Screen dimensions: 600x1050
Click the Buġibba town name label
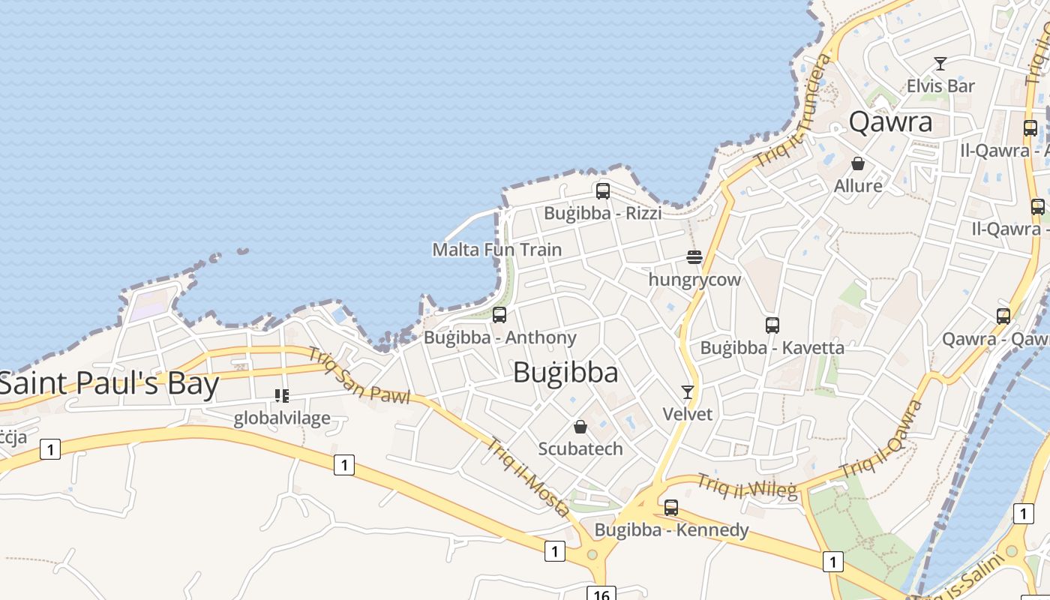click(565, 373)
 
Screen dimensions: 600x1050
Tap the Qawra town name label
click(890, 122)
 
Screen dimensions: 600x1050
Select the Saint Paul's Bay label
click(109, 384)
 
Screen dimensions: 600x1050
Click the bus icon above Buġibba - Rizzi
click(603, 191)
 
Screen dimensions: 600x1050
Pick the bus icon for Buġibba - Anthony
click(499, 315)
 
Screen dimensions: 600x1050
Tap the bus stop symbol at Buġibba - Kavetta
click(772, 325)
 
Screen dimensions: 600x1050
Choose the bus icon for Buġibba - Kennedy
click(671, 508)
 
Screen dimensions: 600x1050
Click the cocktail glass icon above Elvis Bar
click(940, 64)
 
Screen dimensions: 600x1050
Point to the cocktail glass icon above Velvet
click(687, 391)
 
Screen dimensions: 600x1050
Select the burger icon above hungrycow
click(694, 258)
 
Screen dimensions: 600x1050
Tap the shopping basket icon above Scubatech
click(580, 427)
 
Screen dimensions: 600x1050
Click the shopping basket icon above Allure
click(858, 163)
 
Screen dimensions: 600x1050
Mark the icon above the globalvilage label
click(282, 395)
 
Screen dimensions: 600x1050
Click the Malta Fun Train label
click(496, 250)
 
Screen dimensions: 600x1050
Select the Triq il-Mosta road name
click(529, 477)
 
